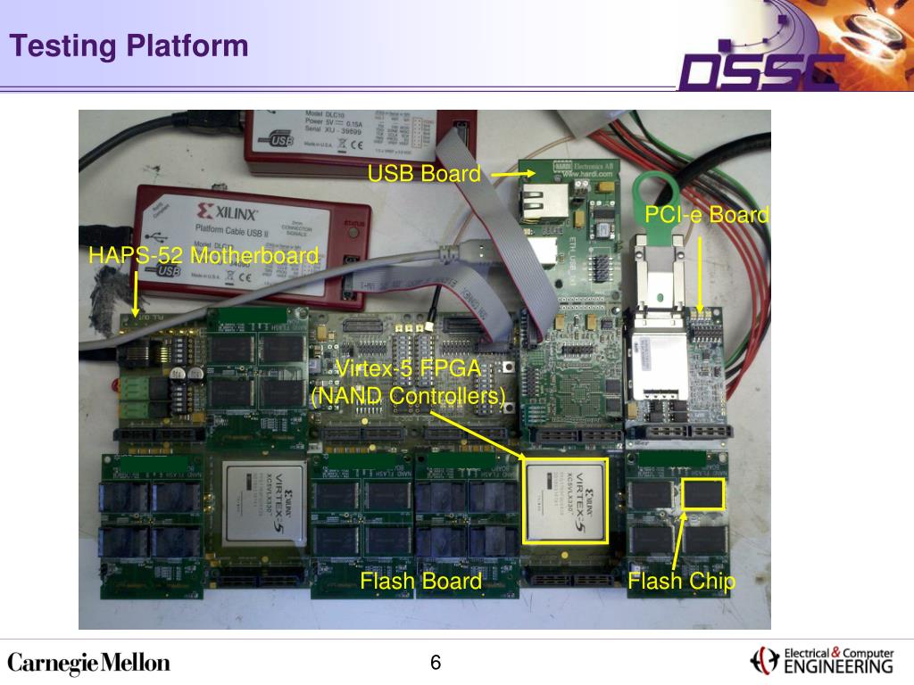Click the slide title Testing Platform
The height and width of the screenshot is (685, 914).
click(129, 45)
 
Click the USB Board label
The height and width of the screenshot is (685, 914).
click(424, 174)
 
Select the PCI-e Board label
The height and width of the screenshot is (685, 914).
click(707, 215)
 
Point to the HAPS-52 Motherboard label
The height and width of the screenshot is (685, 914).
click(203, 256)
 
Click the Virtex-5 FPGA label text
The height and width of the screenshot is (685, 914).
click(408, 369)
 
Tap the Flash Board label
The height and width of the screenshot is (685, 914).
click(420, 582)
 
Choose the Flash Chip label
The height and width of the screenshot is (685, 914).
click(681, 582)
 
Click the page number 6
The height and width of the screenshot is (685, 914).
click(436, 663)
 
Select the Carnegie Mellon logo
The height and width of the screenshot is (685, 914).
click(88, 664)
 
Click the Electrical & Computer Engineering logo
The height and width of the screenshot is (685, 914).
click(822, 660)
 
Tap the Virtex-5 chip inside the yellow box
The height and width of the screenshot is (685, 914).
click(565, 499)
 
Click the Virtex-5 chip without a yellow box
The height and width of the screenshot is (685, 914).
click(265, 501)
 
